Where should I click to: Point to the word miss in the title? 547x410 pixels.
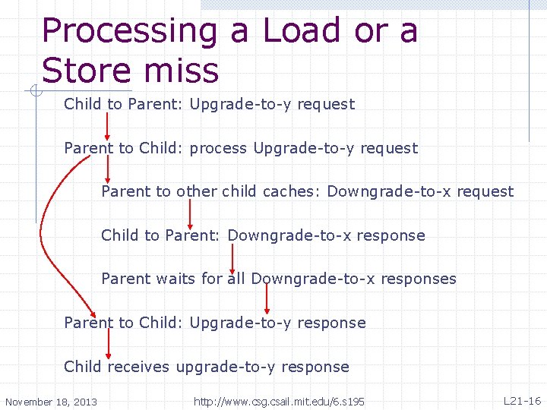pyautogui.click(x=186, y=70)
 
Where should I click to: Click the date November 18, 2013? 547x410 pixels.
pyautogui.click(x=51, y=402)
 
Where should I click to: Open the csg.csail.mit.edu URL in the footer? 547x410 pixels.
pyautogui.click(x=279, y=401)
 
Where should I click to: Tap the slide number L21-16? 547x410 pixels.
pyautogui.click(x=522, y=400)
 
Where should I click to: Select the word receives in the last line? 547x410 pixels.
pyautogui.click(x=139, y=367)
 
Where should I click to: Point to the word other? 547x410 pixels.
pyautogui.click(x=198, y=191)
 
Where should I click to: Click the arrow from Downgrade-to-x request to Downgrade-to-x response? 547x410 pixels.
pyautogui.click(x=190, y=214)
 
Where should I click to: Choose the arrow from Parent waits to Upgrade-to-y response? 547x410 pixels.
pyautogui.click(x=267, y=300)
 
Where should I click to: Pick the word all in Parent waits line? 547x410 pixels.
pyautogui.click(x=236, y=279)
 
